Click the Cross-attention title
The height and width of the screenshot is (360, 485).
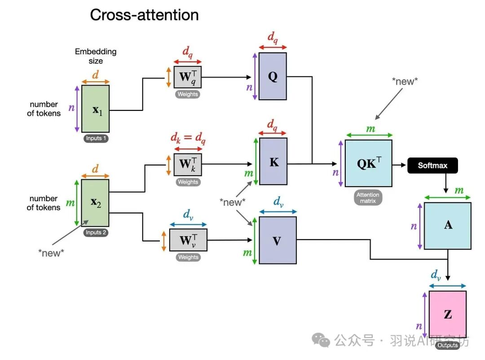(x=144, y=15)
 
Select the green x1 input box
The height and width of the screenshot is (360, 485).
(x=95, y=109)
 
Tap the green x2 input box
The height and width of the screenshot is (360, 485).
(x=95, y=202)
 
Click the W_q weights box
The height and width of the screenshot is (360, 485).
(x=188, y=77)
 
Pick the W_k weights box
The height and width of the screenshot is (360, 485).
(x=188, y=164)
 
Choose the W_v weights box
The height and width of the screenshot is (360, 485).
(x=188, y=240)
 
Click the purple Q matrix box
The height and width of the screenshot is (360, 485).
(x=273, y=76)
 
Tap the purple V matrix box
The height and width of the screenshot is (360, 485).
(x=277, y=241)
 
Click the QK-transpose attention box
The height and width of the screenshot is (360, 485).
(x=369, y=163)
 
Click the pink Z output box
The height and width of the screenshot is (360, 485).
(x=447, y=314)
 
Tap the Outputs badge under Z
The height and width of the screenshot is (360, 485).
(x=447, y=345)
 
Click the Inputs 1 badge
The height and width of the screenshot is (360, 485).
(x=96, y=138)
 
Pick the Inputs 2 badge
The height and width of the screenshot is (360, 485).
(x=96, y=233)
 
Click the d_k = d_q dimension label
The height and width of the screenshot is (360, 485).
(x=188, y=139)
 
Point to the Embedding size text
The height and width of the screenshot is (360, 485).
(x=96, y=56)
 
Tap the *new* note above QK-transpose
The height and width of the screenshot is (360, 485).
(x=405, y=81)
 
